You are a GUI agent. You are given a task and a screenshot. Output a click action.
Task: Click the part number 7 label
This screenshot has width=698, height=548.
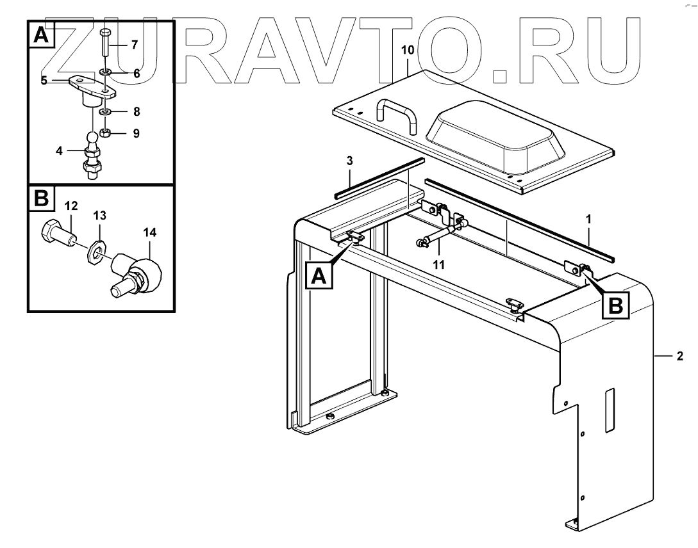(x=134, y=45)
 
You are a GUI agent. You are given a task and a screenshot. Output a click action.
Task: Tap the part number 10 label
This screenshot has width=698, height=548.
(x=408, y=49)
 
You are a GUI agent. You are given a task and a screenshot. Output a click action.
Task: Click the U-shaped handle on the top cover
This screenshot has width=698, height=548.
(x=397, y=111)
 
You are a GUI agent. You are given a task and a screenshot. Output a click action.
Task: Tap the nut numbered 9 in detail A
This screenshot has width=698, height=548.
(x=107, y=133)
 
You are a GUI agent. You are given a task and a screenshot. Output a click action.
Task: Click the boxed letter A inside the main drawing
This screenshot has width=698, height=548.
(x=320, y=277)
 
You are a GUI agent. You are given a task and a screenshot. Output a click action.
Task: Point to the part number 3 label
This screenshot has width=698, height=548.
(x=350, y=161)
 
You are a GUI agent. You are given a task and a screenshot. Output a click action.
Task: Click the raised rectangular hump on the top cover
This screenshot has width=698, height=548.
(x=496, y=134)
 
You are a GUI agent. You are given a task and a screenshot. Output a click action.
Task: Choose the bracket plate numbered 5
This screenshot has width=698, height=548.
(x=90, y=86)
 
